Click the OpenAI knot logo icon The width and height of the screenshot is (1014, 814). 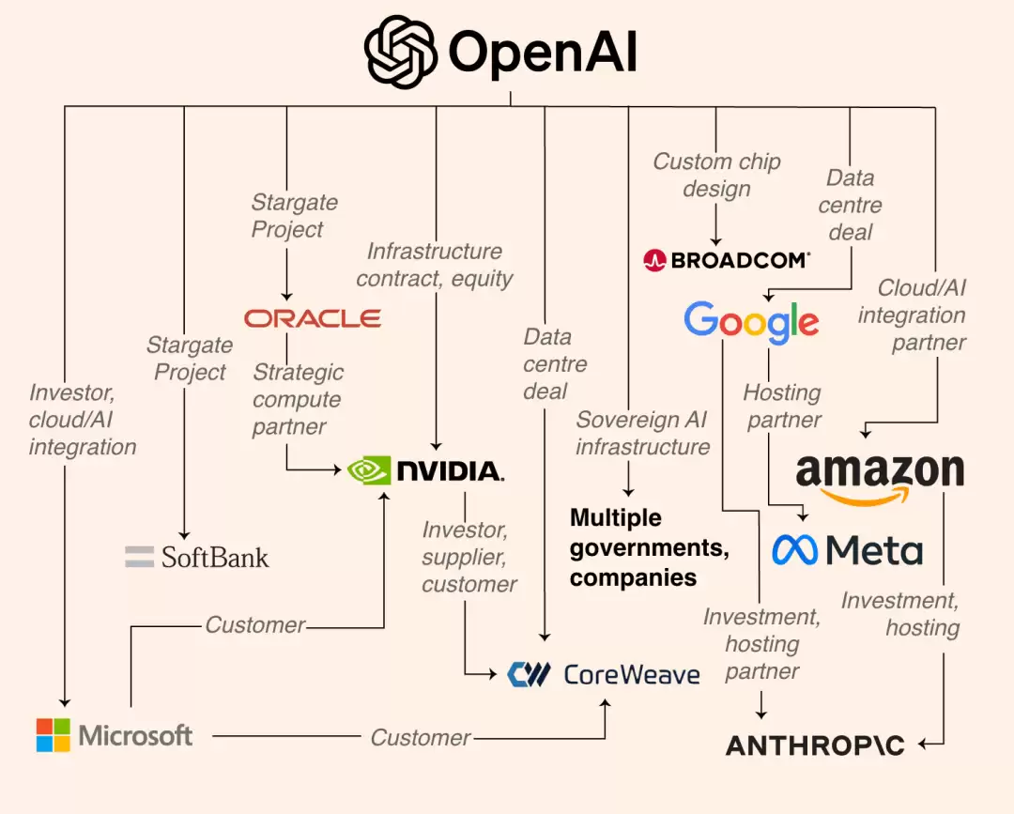click(x=401, y=53)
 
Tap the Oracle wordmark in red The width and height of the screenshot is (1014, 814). click(x=313, y=319)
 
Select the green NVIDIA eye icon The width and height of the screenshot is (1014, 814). click(x=368, y=469)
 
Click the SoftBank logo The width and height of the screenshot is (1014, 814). click(x=197, y=557)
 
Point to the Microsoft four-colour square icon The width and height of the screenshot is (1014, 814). click(x=53, y=735)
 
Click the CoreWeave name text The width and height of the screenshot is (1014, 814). click(x=632, y=674)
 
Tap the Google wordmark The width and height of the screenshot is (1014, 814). click(x=751, y=322)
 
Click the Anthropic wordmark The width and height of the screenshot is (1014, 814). click(x=815, y=745)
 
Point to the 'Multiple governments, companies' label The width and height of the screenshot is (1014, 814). click(x=649, y=547)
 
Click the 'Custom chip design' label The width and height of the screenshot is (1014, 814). click(x=716, y=175)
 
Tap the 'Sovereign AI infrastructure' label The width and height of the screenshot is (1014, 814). click(x=642, y=433)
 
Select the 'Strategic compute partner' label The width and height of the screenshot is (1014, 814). click(x=298, y=399)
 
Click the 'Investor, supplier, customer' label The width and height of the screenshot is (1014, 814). click(x=468, y=557)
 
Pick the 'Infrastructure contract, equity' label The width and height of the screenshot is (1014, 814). click(x=434, y=265)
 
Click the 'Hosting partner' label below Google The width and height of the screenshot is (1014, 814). click(x=783, y=406)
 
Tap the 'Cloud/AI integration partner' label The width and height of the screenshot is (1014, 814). click(x=912, y=315)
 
